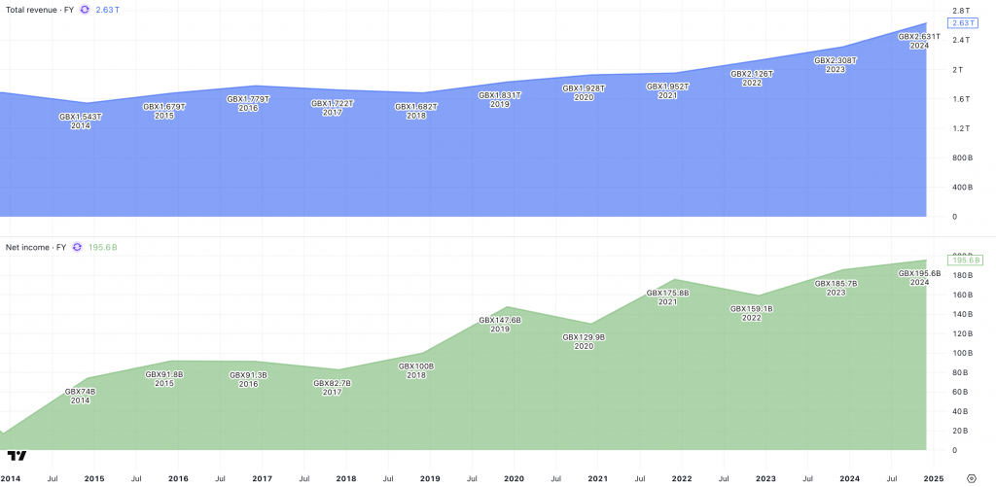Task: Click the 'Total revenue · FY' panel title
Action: (40, 9)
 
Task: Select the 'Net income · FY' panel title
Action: (36, 247)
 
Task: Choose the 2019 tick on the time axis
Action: (430, 478)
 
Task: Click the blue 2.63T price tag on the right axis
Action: (960, 22)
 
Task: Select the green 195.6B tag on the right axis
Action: (964, 261)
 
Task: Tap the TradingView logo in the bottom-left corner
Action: (17, 455)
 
